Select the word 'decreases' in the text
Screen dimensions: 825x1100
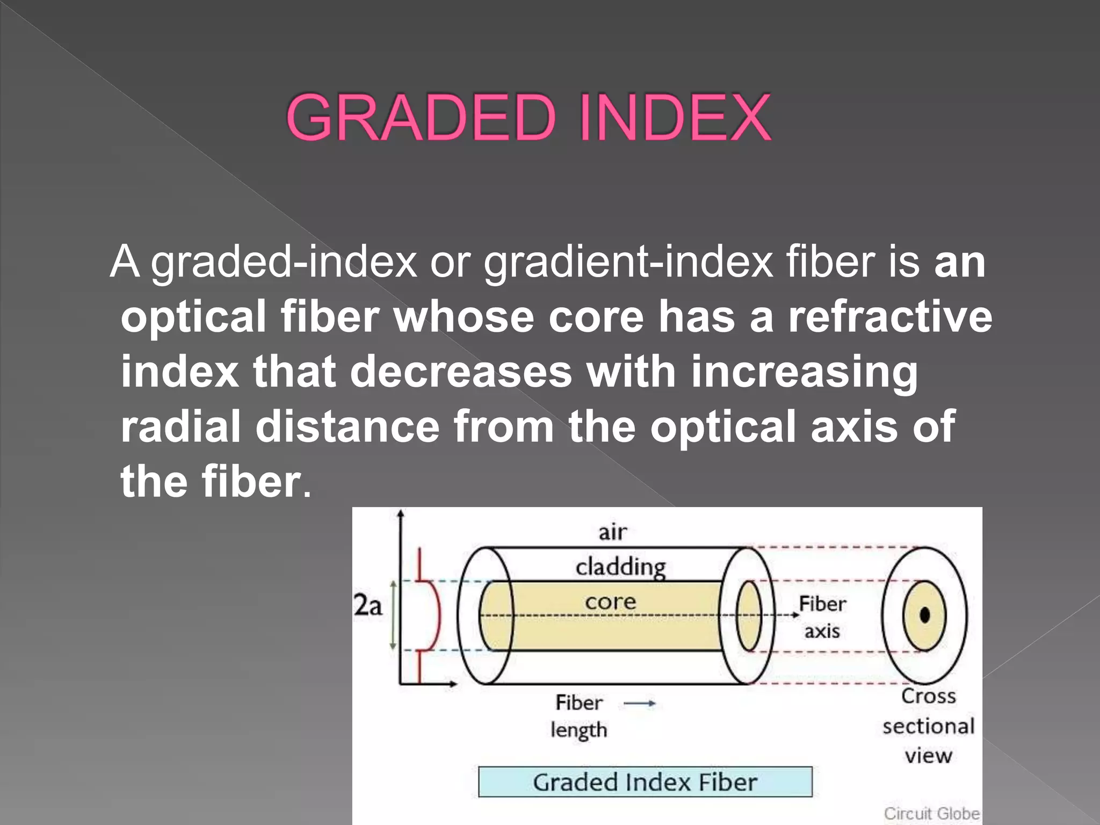(461, 372)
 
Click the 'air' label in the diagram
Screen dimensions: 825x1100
(612, 532)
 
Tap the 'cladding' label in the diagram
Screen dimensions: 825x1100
(620, 567)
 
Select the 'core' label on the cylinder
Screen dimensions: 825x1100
(610, 602)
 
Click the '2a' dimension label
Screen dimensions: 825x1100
(368, 606)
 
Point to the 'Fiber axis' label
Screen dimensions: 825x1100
(822, 617)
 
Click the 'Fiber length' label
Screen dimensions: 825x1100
(579, 717)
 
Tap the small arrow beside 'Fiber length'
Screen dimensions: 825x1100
(640, 703)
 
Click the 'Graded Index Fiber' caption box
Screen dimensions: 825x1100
(645, 782)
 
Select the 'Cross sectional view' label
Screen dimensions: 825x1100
(928, 726)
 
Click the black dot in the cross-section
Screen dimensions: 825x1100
(924, 615)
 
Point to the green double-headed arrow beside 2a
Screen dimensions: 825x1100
(393, 616)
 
